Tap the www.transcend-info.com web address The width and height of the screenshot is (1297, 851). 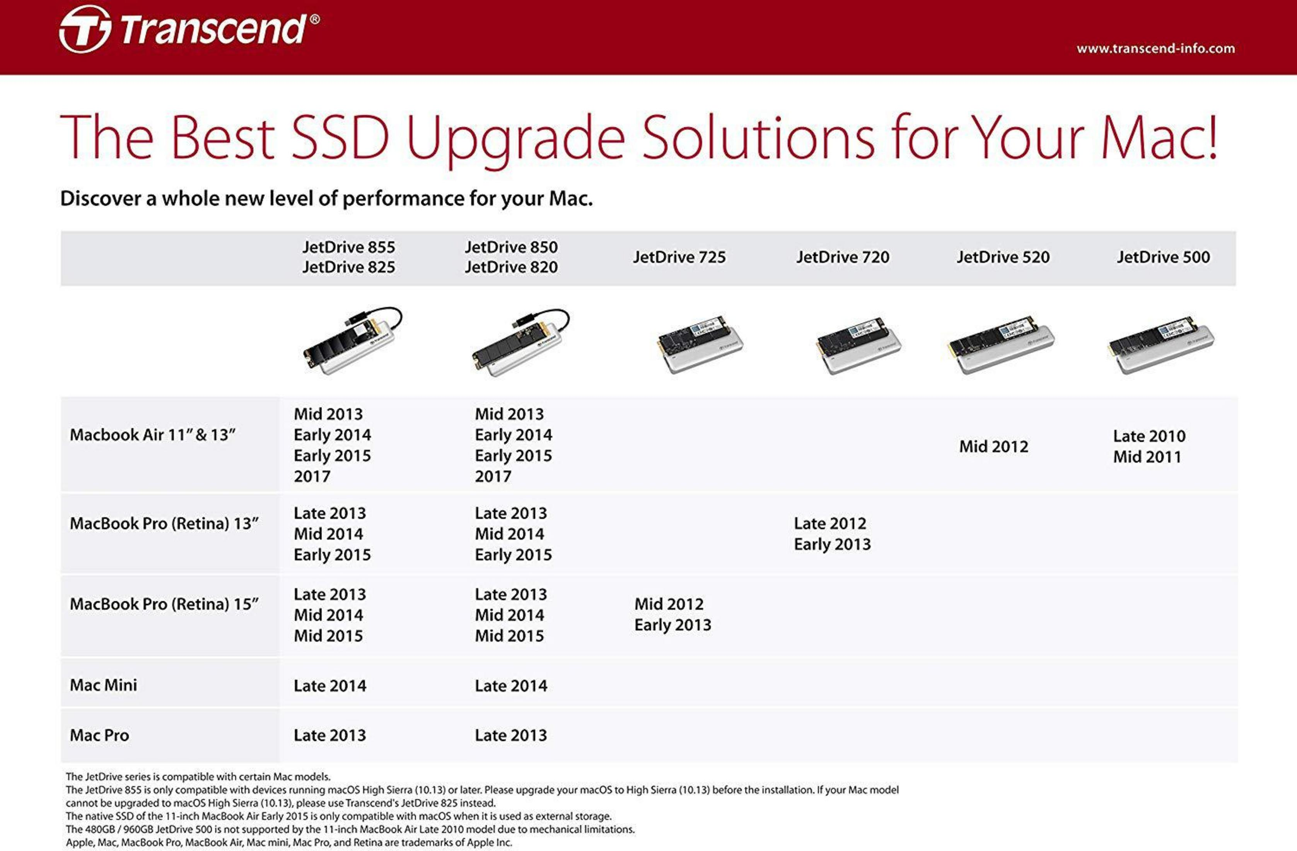(x=1155, y=48)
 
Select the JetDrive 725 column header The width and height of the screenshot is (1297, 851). (x=679, y=257)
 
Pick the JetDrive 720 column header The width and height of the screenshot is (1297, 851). (x=843, y=257)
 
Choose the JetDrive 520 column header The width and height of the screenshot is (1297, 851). (x=1003, y=257)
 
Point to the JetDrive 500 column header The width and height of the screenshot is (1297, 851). (x=1163, y=257)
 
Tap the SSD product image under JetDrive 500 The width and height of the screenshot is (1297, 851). (x=1161, y=345)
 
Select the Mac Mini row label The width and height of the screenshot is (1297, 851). (x=104, y=685)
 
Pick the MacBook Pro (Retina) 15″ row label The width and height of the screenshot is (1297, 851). (x=164, y=604)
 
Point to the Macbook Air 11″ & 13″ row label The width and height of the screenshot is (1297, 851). (x=153, y=435)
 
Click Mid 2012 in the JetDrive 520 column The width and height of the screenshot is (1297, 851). (x=993, y=446)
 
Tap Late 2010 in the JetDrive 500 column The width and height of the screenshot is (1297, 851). (x=1149, y=436)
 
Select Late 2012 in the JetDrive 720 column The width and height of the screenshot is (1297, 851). (x=829, y=523)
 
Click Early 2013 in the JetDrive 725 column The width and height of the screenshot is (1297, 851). (x=672, y=625)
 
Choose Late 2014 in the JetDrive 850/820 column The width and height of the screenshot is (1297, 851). (x=510, y=686)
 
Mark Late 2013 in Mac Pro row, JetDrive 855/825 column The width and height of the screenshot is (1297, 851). (x=330, y=735)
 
